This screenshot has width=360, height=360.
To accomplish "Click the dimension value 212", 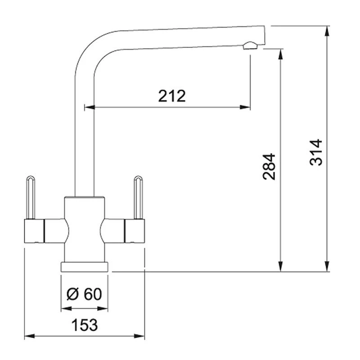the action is pos(172,96).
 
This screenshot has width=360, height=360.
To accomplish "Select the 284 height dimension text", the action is pos(269,166).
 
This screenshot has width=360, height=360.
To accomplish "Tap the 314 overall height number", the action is pos(316,152).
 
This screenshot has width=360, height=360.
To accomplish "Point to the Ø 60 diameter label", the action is pos(84,294).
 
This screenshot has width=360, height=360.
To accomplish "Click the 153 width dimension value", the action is pos(85,325).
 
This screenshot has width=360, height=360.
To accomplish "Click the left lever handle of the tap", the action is pos(31,198).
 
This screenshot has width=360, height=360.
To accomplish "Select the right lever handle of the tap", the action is pos(138,198).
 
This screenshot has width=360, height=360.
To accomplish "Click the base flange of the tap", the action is pos(85,267).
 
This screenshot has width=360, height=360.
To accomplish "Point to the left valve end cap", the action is pos(34,231).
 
